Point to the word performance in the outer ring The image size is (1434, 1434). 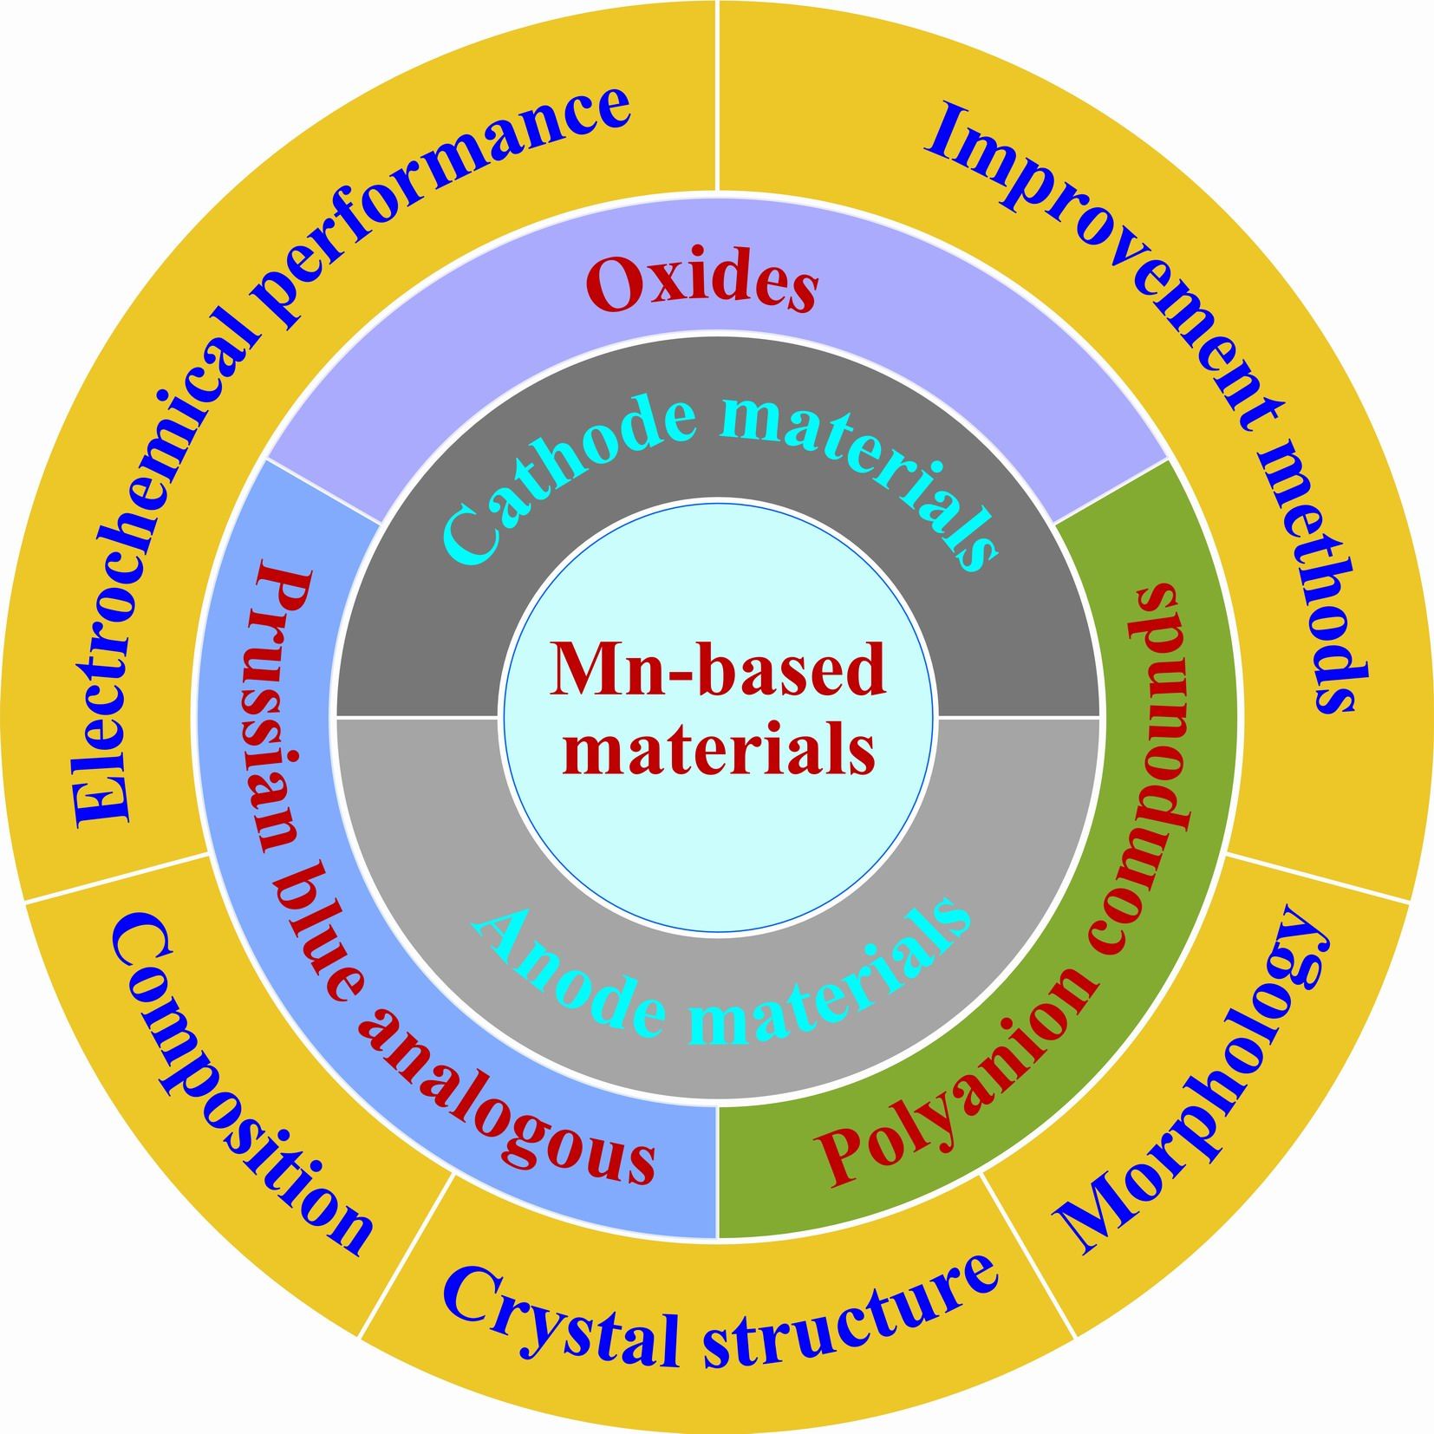pyautogui.click(x=451, y=173)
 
